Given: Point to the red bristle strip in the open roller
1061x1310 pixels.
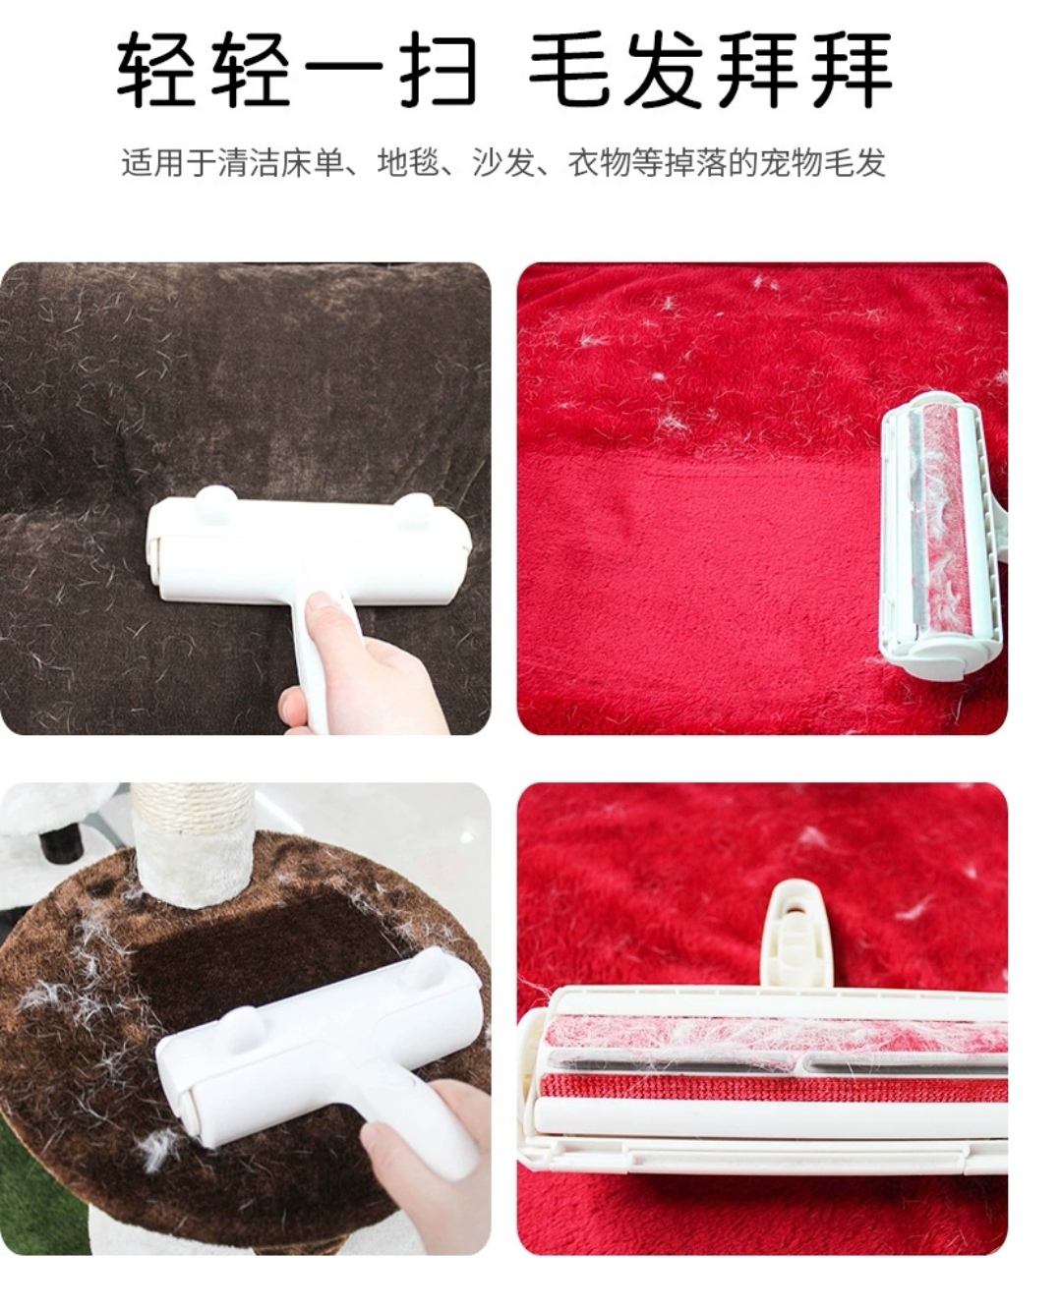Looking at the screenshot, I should (x=767, y=1091).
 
